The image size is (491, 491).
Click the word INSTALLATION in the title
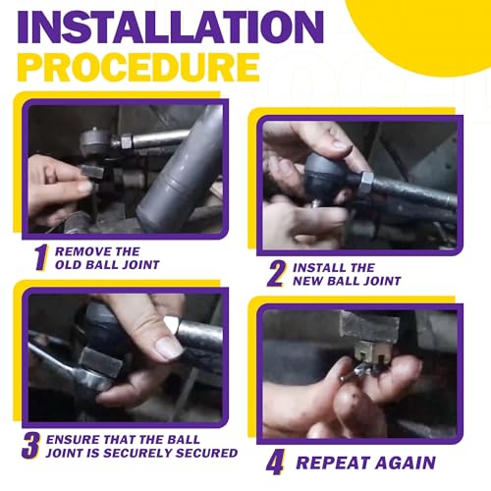(171, 27)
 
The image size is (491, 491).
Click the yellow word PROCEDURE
(138, 67)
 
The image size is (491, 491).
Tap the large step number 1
(41, 257)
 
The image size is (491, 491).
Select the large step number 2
(276, 274)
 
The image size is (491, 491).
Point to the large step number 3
(30, 446)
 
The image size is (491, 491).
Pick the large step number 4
(275, 463)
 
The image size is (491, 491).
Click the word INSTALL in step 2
(318, 268)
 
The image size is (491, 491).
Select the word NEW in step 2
(307, 281)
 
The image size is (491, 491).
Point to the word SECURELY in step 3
(137, 453)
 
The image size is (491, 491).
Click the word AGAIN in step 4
(406, 463)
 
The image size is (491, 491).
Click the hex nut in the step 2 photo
(366, 184)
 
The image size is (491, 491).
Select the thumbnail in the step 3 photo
(169, 348)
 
